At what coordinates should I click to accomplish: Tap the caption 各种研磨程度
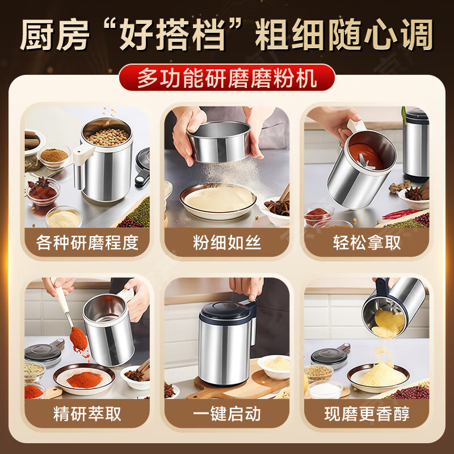coord(87,243)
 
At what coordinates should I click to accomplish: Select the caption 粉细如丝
coord(226,243)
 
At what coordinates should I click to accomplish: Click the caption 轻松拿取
coord(367,243)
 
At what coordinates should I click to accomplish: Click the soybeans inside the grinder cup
coord(107,136)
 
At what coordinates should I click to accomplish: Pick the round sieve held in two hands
coord(218,140)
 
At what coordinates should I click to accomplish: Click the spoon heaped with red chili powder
coord(78,338)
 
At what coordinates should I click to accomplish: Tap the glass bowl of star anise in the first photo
coord(43,190)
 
